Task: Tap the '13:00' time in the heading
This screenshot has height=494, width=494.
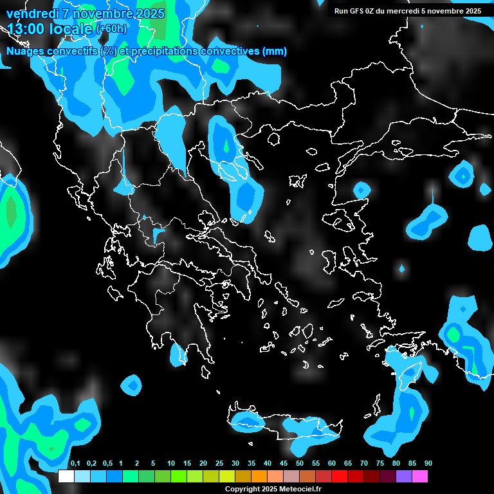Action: [27, 29]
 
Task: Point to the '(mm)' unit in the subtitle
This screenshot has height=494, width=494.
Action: [275, 51]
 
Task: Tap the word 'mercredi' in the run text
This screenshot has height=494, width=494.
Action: [404, 11]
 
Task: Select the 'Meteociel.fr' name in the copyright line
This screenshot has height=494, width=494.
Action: [302, 489]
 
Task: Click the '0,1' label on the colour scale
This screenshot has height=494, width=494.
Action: [75, 464]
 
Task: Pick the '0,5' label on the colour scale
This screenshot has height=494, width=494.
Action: [107, 464]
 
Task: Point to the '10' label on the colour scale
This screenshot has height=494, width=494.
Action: [170, 464]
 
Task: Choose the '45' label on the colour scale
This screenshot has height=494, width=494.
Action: [284, 464]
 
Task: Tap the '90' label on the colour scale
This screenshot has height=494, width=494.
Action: [428, 464]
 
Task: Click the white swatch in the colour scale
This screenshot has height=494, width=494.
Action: [66, 477]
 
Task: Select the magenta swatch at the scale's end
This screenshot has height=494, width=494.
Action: [420, 477]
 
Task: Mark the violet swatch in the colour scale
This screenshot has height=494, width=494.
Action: [404, 477]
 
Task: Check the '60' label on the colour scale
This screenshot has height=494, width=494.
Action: [332, 464]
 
